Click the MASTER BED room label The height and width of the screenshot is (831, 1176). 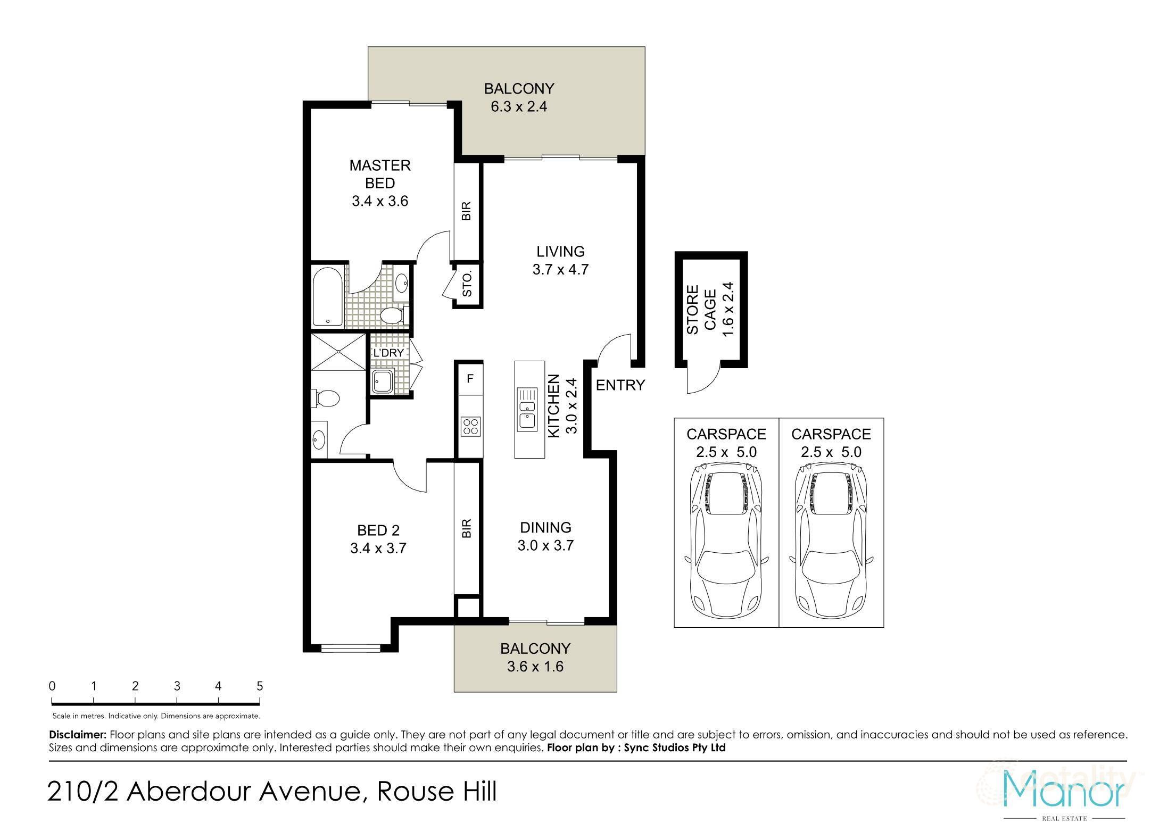pyautogui.click(x=379, y=174)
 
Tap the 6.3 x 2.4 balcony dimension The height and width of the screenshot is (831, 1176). pyautogui.click(x=518, y=106)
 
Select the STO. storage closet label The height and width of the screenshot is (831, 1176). pyautogui.click(x=467, y=285)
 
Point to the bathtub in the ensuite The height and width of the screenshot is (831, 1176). pyautogui.click(x=327, y=296)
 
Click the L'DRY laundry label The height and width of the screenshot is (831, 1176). pyautogui.click(x=388, y=353)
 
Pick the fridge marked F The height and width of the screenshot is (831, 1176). pyautogui.click(x=469, y=379)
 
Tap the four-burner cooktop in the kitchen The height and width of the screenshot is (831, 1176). pyautogui.click(x=470, y=426)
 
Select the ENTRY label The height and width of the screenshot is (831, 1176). pyautogui.click(x=620, y=385)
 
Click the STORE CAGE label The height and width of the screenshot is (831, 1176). pyautogui.click(x=701, y=310)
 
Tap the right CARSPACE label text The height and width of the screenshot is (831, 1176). pyautogui.click(x=831, y=434)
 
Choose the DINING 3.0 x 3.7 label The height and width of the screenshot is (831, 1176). pyautogui.click(x=545, y=536)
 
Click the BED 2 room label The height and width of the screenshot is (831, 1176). pyautogui.click(x=378, y=530)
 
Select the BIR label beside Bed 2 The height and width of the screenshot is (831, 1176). pyautogui.click(x=467, y=528)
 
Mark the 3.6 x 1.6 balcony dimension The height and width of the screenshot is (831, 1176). pyautogui.click(x=535, y=667)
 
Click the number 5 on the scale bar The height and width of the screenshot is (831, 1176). pyautogui.click(x=260, y=686)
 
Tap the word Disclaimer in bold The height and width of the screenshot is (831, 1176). pyautogui.click(x=78, y=735)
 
